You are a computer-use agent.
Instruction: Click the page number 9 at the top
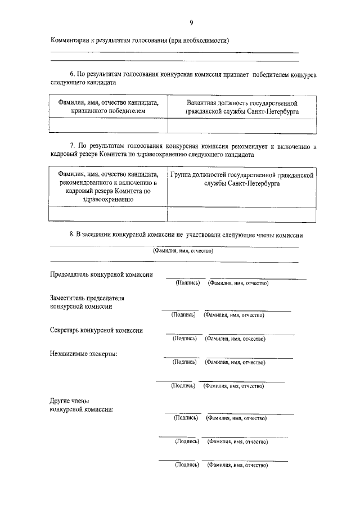[x=191, y=22]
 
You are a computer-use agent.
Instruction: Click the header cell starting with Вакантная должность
[x=242, y=107]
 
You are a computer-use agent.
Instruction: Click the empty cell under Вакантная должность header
[x=242, y=125]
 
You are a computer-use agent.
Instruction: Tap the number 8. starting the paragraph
[x=72, y=234]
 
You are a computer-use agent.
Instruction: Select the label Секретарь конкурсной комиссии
[x=96, y=331]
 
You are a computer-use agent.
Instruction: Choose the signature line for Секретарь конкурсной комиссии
[x=183, y=334]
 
